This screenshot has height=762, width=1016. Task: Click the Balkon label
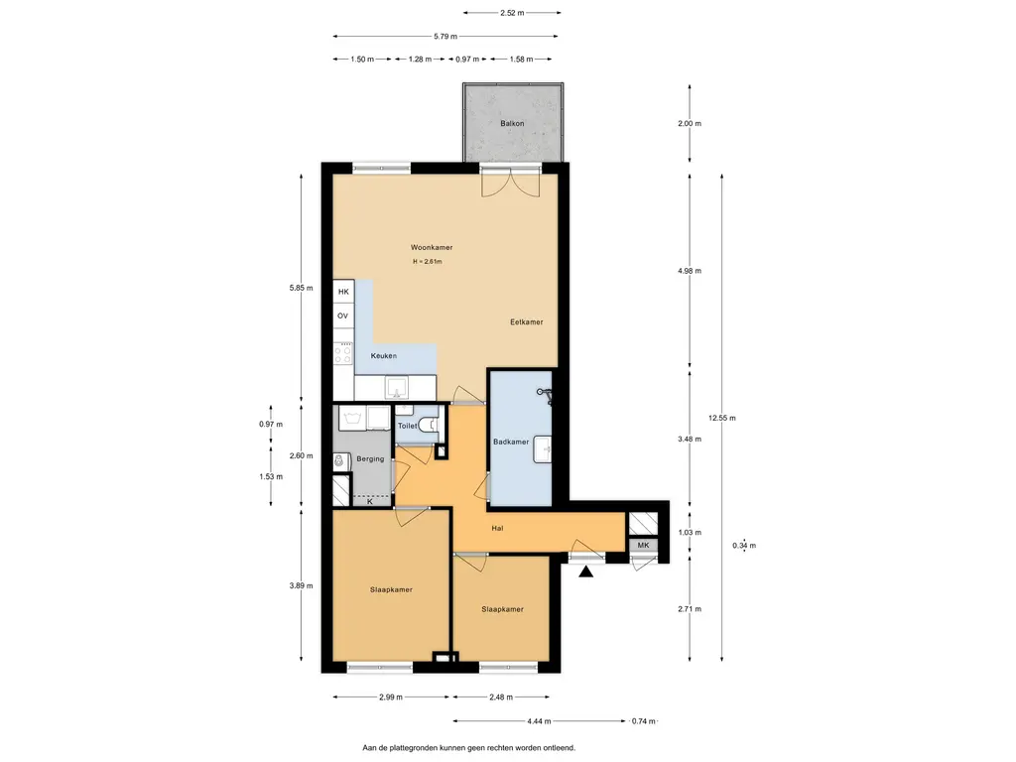pyautogui.click(x=512, y=123)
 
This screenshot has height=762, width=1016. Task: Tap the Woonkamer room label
pyautogui.click(x=432, y=247)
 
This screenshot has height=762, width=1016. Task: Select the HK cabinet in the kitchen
pyautogui.click(x=343, y=292)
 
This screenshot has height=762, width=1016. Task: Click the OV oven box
pyautogui.click(x=343, y=316)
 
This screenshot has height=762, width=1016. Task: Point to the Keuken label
pyautogui.click(x=384, y=356)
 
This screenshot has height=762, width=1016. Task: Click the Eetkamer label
pyautogui.click(x=526, y=321)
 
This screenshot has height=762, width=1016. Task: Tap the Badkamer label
pyautogui.click(x=511, y=442)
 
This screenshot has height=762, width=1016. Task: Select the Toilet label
pyautogui.click(x=407, y=426)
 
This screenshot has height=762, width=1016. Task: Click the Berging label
pyautogui.click(x=370, y=458)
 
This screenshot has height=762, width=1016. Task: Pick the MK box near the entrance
pyautogui.click(x=643, y=546)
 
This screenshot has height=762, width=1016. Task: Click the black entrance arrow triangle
pyautogui.click(x=585, y=571)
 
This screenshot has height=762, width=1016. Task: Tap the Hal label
pyautogui.click(x=497, y=528)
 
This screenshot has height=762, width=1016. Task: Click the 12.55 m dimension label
pyautogui.click(x=722, y=418)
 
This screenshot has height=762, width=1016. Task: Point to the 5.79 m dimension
pyautogui.click(x=445, y=37)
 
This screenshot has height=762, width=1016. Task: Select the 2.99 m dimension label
pyautogui.click(x=391, y=698)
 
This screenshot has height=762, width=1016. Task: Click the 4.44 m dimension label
pyautogui.click(x=539, y=720)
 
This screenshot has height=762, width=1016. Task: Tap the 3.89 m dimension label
pyautogui.click(x=301, y=585)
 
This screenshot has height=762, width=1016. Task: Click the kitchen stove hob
pyautogui.click(x=343, y=354)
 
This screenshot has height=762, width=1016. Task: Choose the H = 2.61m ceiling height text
pyautogui.click(x=428, y=262)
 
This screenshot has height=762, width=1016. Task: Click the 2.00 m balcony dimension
pyautogui.click(x=690, y=123)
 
